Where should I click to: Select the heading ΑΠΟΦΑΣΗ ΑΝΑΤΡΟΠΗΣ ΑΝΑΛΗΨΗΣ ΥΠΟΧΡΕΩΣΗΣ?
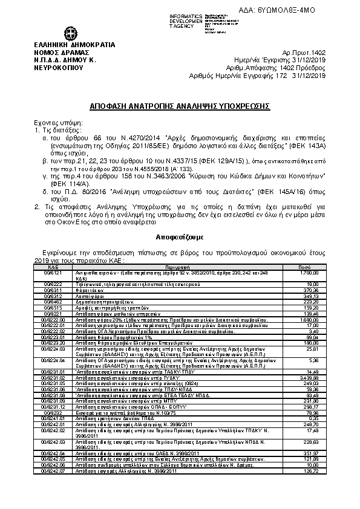tap(180, 106)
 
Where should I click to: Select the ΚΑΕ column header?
tap(53, 266)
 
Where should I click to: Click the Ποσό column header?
tap(305, 266)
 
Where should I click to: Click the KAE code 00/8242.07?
tap(53, 487)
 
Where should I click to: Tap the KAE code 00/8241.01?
tap(53, 418)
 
